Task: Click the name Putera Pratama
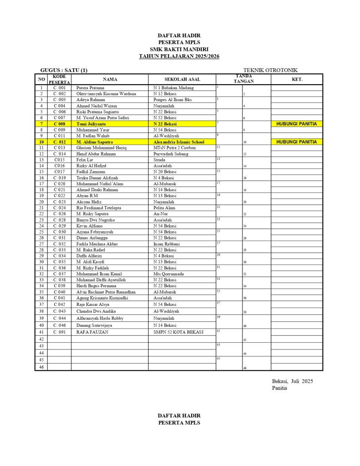point(90,88)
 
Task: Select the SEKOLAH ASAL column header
point(182,79)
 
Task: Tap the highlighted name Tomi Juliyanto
point(91,124)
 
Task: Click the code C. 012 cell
point(59,142)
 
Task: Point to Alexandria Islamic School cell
point(179,142)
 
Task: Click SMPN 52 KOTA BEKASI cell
point(178,332)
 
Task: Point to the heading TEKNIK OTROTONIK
point(270,70)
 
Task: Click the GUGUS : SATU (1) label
point(64,70)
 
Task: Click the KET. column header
point(297,79)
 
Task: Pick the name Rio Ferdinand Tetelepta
point(99,208)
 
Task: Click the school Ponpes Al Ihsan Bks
point(172,100)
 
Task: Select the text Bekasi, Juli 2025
point(292,381)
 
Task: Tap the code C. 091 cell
point(59,332)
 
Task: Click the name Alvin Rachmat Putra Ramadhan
point(106,292)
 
